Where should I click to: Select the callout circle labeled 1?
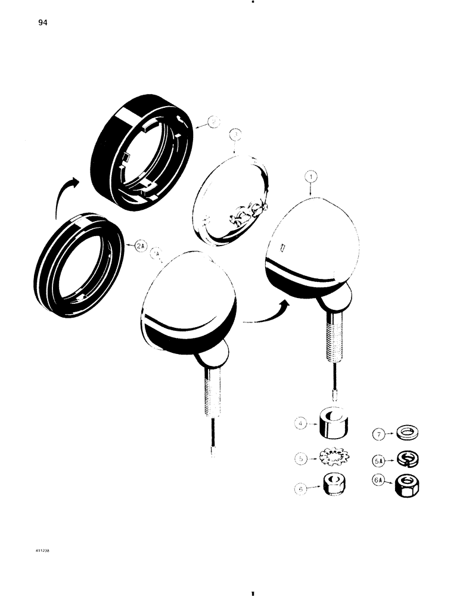[310, 176]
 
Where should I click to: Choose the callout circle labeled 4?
[302, 424]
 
